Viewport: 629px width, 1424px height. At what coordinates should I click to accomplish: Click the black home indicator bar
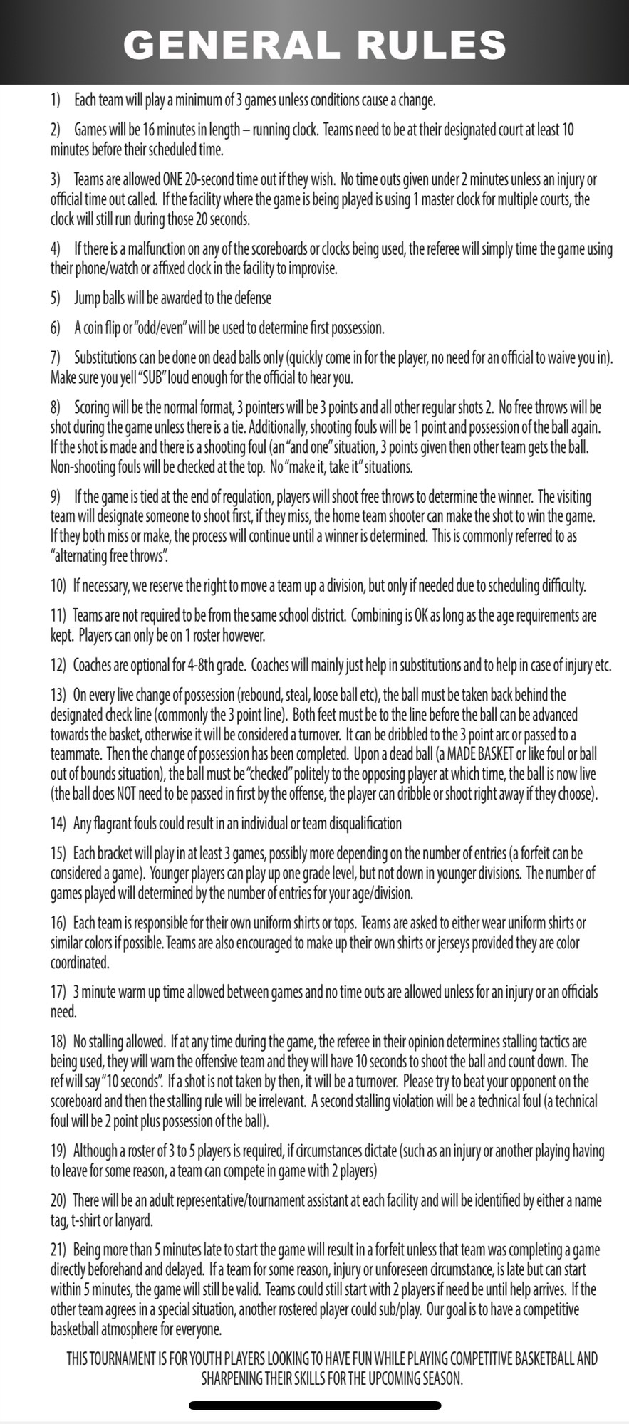click(x=315, y=1405)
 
